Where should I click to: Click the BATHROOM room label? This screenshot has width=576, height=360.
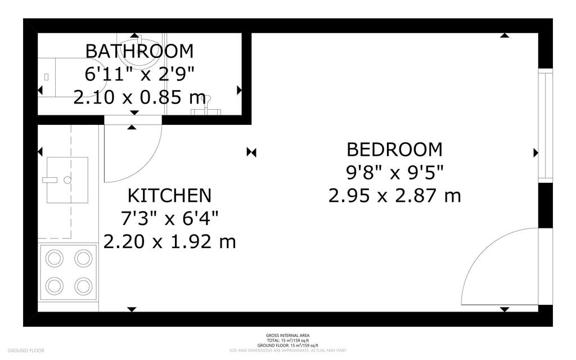point(139,51)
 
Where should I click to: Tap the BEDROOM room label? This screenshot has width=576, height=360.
point(394,150)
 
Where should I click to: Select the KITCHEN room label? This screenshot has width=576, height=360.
point(169,196)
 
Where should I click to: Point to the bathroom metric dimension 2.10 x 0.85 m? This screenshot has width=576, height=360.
point(139,97)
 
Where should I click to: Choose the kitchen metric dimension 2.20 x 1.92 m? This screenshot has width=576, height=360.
point(169,241)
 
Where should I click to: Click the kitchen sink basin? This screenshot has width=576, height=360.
point(67,180)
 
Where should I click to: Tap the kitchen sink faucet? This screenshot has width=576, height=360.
point(51,180)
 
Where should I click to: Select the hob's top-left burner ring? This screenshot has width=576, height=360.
point(55,258)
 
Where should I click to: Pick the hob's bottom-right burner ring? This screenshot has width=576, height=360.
point(83,286)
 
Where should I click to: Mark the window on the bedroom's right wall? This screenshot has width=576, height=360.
point(544,125)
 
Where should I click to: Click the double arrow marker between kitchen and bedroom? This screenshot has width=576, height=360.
point(251,152)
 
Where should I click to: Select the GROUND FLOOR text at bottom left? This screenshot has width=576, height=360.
point(26,351)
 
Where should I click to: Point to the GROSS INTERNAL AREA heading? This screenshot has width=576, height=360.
point(287,335)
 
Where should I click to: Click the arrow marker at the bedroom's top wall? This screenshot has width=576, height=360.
point(505,35)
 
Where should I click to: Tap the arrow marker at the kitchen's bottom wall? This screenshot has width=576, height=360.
point(132,309)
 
